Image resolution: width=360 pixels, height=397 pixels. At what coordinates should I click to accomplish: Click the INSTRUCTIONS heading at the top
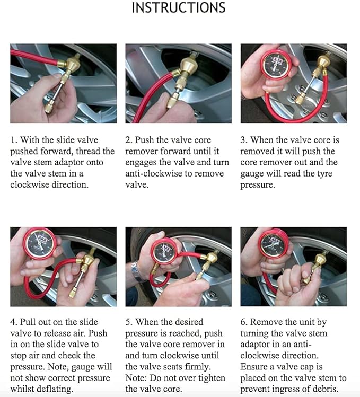(x=178, y=8)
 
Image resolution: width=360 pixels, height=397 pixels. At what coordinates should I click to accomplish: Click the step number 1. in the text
(x=14, y=140)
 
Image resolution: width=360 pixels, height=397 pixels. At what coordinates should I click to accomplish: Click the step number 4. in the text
(x=14, y=322)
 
